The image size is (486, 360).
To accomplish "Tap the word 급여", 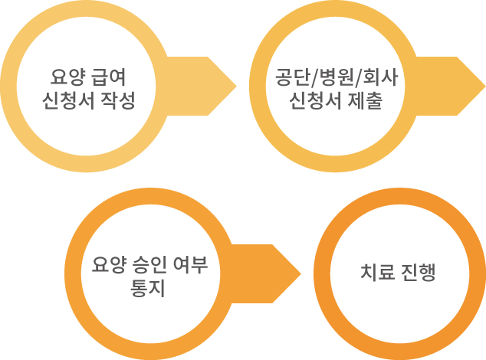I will point(107,78).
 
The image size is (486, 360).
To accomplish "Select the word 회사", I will point(373,78).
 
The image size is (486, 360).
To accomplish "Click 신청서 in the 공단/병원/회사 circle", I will point(317,101).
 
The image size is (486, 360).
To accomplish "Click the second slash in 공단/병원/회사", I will point(352,79).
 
